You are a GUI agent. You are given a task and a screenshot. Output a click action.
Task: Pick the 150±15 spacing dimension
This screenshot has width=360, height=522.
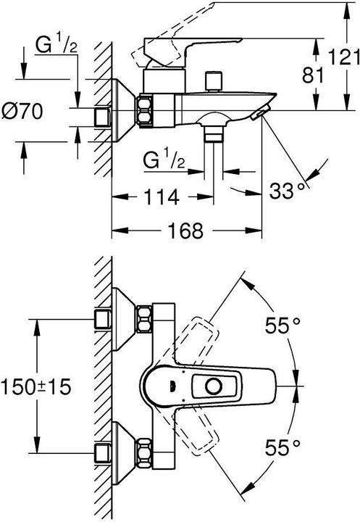point(36,386)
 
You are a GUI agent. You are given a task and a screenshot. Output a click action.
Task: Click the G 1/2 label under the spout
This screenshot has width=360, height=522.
point(164,159)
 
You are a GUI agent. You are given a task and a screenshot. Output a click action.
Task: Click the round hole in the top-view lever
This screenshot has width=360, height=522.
point(214,386)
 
